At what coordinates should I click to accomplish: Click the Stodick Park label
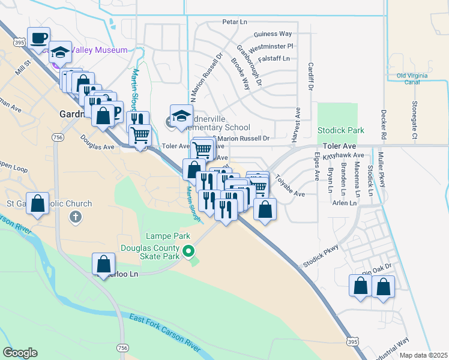pos(341,130)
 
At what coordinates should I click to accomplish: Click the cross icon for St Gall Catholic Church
pos(75,217)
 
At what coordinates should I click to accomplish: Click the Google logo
pos(20,353)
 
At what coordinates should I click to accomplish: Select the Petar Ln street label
pos(235,22)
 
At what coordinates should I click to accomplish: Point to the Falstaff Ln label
pos(273,58)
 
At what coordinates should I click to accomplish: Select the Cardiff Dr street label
pos(311,77)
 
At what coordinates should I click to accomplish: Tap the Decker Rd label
pos(382,124)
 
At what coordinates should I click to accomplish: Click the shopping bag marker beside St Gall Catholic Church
pos(38,204)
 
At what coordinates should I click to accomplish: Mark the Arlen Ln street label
pos(344,203)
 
